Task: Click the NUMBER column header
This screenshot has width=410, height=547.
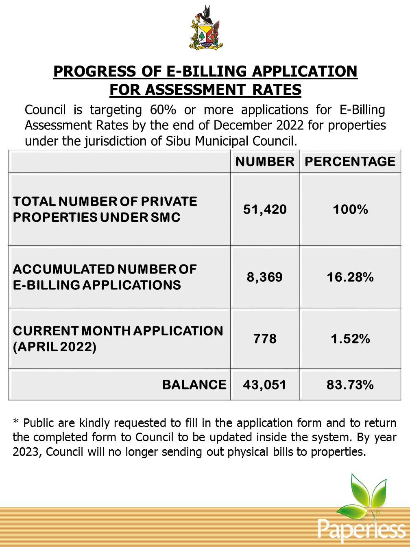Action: (x=265, y=162)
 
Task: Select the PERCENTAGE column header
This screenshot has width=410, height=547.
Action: (x=350, y=162)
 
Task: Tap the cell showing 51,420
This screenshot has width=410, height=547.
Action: (x=265, y=210)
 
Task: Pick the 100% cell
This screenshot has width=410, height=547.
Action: (x=350, y=210)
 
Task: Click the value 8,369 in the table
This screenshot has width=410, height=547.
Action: (x=265, y=277)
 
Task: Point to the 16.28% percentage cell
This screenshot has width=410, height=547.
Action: (x=350, y=277)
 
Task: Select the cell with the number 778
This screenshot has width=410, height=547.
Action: (x=265, y=339)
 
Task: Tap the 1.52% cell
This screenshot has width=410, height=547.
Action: (x=350, y=339)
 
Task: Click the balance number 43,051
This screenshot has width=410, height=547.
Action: (x=264, y=385)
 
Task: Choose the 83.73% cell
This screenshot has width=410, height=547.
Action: (x=350, y=385)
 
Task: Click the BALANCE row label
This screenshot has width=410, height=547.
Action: (x=194, y=385)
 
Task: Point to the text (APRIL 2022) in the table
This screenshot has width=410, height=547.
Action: (x=55, y=347)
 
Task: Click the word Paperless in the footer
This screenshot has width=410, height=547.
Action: (x=362, y=529)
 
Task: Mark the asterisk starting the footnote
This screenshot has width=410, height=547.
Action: (x=16, y=422)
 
